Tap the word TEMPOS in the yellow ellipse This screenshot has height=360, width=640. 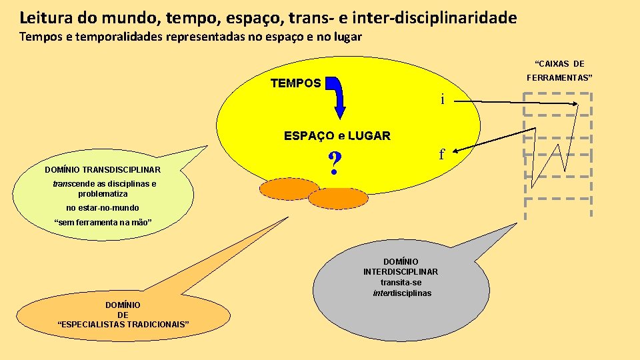point(295,84)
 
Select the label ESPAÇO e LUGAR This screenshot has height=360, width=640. point(337,135)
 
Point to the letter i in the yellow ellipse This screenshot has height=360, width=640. point(441,100)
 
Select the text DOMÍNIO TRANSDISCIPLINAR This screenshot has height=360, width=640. point(103,170)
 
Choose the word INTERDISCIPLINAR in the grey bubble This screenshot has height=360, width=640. point(400,272)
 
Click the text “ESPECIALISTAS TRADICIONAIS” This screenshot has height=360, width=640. point(123,324)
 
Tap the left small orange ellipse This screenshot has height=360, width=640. point(289,190)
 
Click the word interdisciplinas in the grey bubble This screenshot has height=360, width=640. point(402,293)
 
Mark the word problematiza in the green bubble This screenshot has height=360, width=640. point(103,193)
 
